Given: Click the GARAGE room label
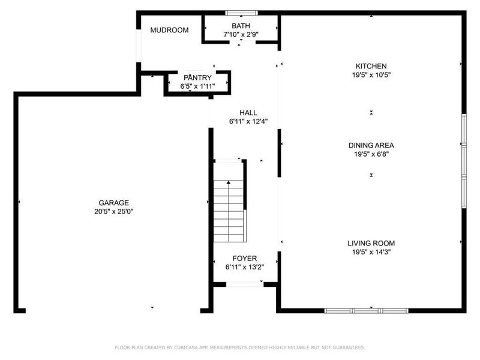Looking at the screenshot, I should click(x=114, y=203).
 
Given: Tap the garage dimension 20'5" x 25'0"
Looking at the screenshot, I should click(x=114, y=211).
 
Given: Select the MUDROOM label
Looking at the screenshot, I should click(x=169, y=30).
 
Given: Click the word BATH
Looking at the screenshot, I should click(x=241, y=26).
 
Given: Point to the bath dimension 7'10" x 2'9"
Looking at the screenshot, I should click(x=241, y=34).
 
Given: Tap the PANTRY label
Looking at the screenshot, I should click(x=197, y=77).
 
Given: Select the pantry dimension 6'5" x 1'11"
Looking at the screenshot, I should click(x=197, y=86).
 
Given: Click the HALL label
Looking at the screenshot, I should click(x=248, y=112).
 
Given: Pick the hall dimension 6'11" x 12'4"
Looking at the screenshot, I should click(x=248, y=121).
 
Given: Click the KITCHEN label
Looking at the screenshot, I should click(x=371, y=66).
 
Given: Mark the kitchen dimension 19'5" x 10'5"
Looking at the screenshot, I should click(x=371, y=75).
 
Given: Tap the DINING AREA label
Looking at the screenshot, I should click(x=371, y=145).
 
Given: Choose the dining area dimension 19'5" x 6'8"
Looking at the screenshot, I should click(x=371, y=154).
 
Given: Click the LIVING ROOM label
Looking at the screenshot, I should click(x=371, y=243).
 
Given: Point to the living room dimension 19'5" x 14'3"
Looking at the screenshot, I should click(x=371, y=252).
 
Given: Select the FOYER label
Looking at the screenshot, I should click(x=245, y=259).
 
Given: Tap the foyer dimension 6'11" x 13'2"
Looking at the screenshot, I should click(x=245, y=267).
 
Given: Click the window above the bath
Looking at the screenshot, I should click(x=241, y=12).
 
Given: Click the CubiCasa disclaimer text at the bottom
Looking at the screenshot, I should click(x=239, y=347).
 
